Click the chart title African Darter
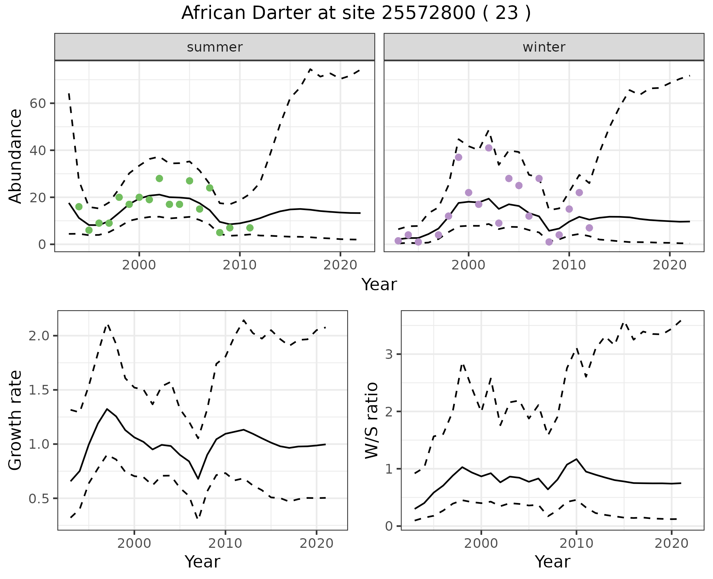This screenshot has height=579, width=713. pos(356,13)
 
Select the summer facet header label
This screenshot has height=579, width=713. pos(215,47)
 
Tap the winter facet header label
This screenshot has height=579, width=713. pos(544,47)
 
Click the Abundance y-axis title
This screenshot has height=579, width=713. pos(15,156)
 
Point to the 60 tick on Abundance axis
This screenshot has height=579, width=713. pos(38,103)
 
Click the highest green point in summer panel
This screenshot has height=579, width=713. pos(159,179)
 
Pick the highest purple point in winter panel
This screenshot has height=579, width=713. pos(489,148)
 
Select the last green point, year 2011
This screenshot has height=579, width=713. pos(250,228)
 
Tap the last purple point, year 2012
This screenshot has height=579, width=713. pos(589,228)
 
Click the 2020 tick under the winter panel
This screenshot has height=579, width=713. pos(670,265)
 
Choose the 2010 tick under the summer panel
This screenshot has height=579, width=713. pos(240,265)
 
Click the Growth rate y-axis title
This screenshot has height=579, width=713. pos(15,421)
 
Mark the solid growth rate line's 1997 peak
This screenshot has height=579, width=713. pos(107,409)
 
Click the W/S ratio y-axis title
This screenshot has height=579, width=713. pos(371,421)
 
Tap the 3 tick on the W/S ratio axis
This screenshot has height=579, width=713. pos(389,354)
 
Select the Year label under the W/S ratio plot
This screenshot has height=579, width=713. pos(552,562)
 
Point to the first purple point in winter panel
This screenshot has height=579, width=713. pos(398,241)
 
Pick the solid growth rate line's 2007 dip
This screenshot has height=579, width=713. pos(198,479)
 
